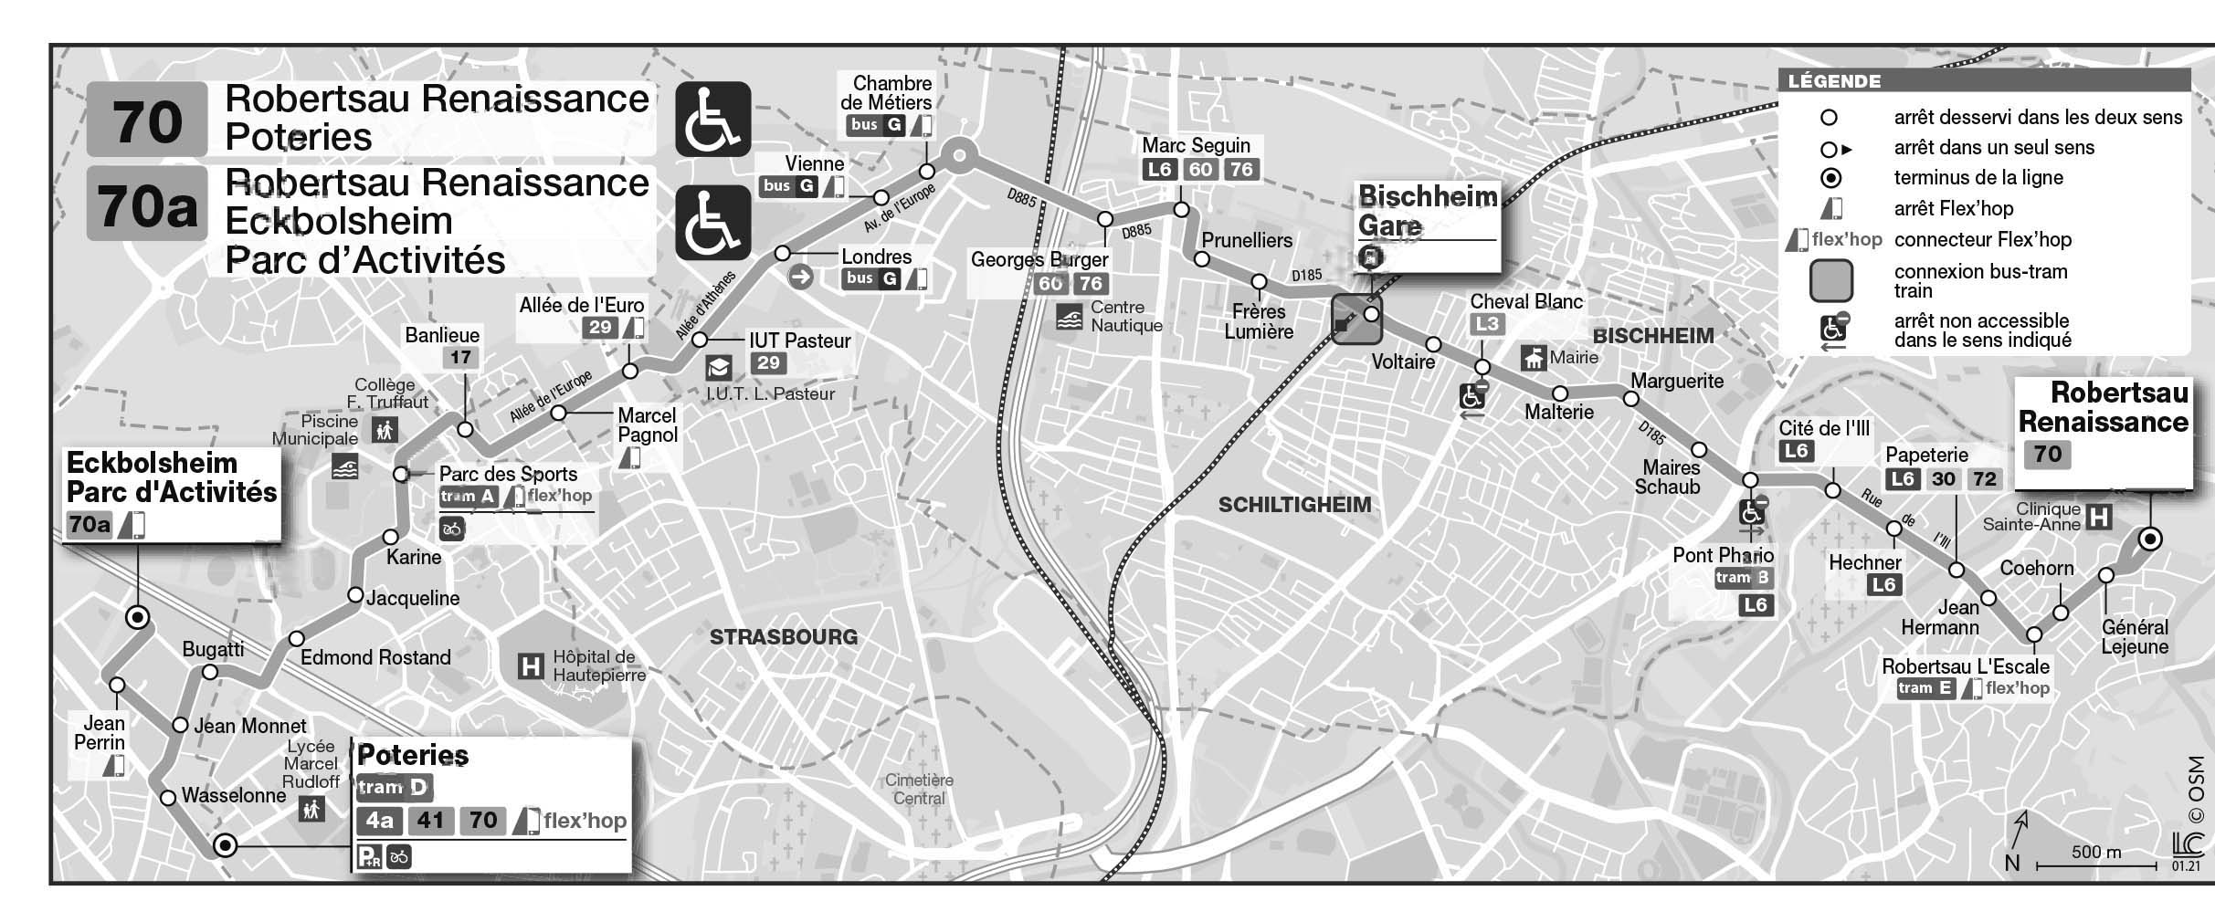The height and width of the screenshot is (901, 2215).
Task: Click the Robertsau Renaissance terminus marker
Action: point(2151,539)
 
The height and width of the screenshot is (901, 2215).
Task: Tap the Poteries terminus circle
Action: point(225,846)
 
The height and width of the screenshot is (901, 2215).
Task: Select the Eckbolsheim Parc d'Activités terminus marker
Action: point(138,618)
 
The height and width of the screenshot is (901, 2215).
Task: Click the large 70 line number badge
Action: point(147,120)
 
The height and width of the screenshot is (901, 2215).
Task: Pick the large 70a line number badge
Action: point(147,204)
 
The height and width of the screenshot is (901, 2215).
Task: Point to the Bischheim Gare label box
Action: point(1428,225)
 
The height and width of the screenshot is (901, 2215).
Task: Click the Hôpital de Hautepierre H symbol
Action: point(530,666)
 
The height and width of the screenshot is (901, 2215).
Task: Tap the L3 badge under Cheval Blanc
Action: point(1487,324)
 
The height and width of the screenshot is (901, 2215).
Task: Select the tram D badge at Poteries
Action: point(394,788)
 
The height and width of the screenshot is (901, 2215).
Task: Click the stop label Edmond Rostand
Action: point(375,657)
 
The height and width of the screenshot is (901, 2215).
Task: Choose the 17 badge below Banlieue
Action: point(460,357)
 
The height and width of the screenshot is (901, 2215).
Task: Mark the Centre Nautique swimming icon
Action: point(1069,318)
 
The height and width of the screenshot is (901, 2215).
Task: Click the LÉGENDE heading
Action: point(1834,81)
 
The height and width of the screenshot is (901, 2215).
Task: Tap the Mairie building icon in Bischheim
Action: point(1533,358)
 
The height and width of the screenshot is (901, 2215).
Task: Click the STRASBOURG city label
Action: point(784,636)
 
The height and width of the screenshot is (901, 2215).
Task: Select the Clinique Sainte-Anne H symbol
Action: point(2100,518)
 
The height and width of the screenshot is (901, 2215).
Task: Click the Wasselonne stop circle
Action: point(168,799)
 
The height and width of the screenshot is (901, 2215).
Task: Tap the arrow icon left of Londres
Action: point(800,276)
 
